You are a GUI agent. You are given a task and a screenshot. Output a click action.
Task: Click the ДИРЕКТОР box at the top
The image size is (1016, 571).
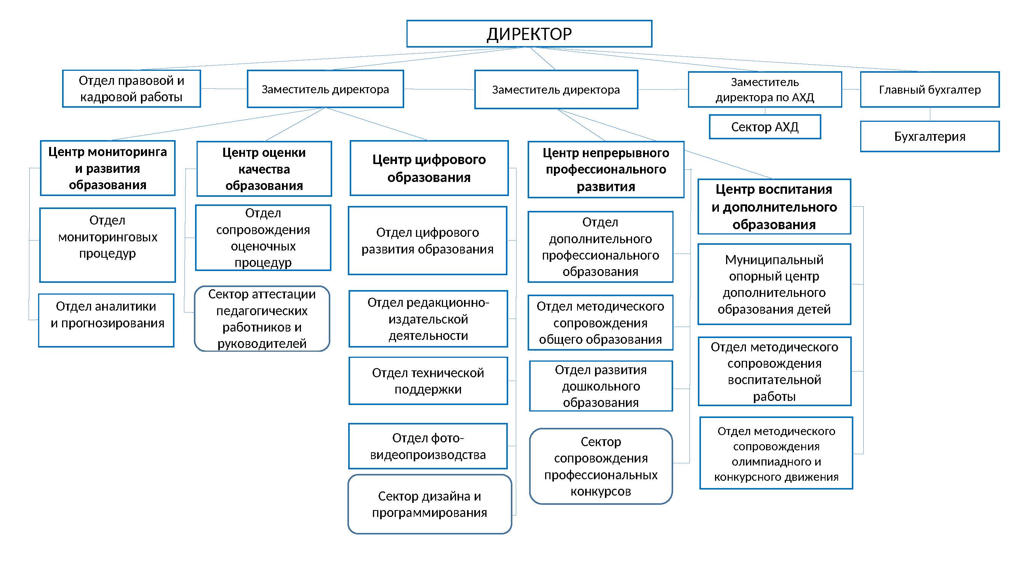[x=529, y=34]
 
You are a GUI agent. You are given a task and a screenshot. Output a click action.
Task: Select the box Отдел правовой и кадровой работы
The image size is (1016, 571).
[x=131, y=89]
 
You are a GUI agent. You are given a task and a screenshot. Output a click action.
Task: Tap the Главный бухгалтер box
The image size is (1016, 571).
[x=930, y=89]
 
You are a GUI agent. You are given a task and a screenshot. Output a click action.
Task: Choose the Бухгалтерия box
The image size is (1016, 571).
[x=930, y=136]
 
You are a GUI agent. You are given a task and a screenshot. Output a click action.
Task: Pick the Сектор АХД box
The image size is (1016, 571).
[x=765, y=127]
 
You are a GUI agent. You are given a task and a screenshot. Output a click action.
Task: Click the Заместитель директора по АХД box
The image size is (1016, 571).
[x=765, y=89]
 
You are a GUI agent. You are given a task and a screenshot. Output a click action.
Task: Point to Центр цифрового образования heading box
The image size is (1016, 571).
[x=429, y=168]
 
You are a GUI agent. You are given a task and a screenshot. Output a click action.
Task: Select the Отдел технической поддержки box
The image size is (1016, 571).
[x=428, y=381]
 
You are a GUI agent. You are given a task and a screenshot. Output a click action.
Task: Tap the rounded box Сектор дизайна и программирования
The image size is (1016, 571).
[x=429, y=504]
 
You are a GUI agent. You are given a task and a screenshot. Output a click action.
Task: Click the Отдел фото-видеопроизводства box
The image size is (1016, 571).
[x=428, y=446]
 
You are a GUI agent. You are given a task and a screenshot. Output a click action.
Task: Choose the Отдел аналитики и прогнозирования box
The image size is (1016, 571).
[x=107, y=321]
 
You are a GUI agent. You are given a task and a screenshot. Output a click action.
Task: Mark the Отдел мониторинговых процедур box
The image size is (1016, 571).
[x=108, y=245]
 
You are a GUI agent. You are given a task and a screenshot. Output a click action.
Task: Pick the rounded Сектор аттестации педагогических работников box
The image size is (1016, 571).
[x=262, y=319]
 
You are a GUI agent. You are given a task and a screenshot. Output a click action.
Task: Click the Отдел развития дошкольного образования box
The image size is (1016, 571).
[x=601, y=386]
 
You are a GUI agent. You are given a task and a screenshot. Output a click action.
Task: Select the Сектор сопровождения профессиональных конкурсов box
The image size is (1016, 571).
[x=601, y=467]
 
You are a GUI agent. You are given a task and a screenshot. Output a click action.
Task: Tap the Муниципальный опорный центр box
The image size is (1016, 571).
[x=774, y=284]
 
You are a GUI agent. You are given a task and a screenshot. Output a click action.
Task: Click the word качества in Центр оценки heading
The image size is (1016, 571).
[x=264, y=169]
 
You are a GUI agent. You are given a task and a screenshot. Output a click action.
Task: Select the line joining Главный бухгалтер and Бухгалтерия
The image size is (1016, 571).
[x=930, y=114]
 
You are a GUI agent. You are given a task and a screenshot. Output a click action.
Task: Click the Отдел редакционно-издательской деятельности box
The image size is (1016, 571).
[x=428, y=319]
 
